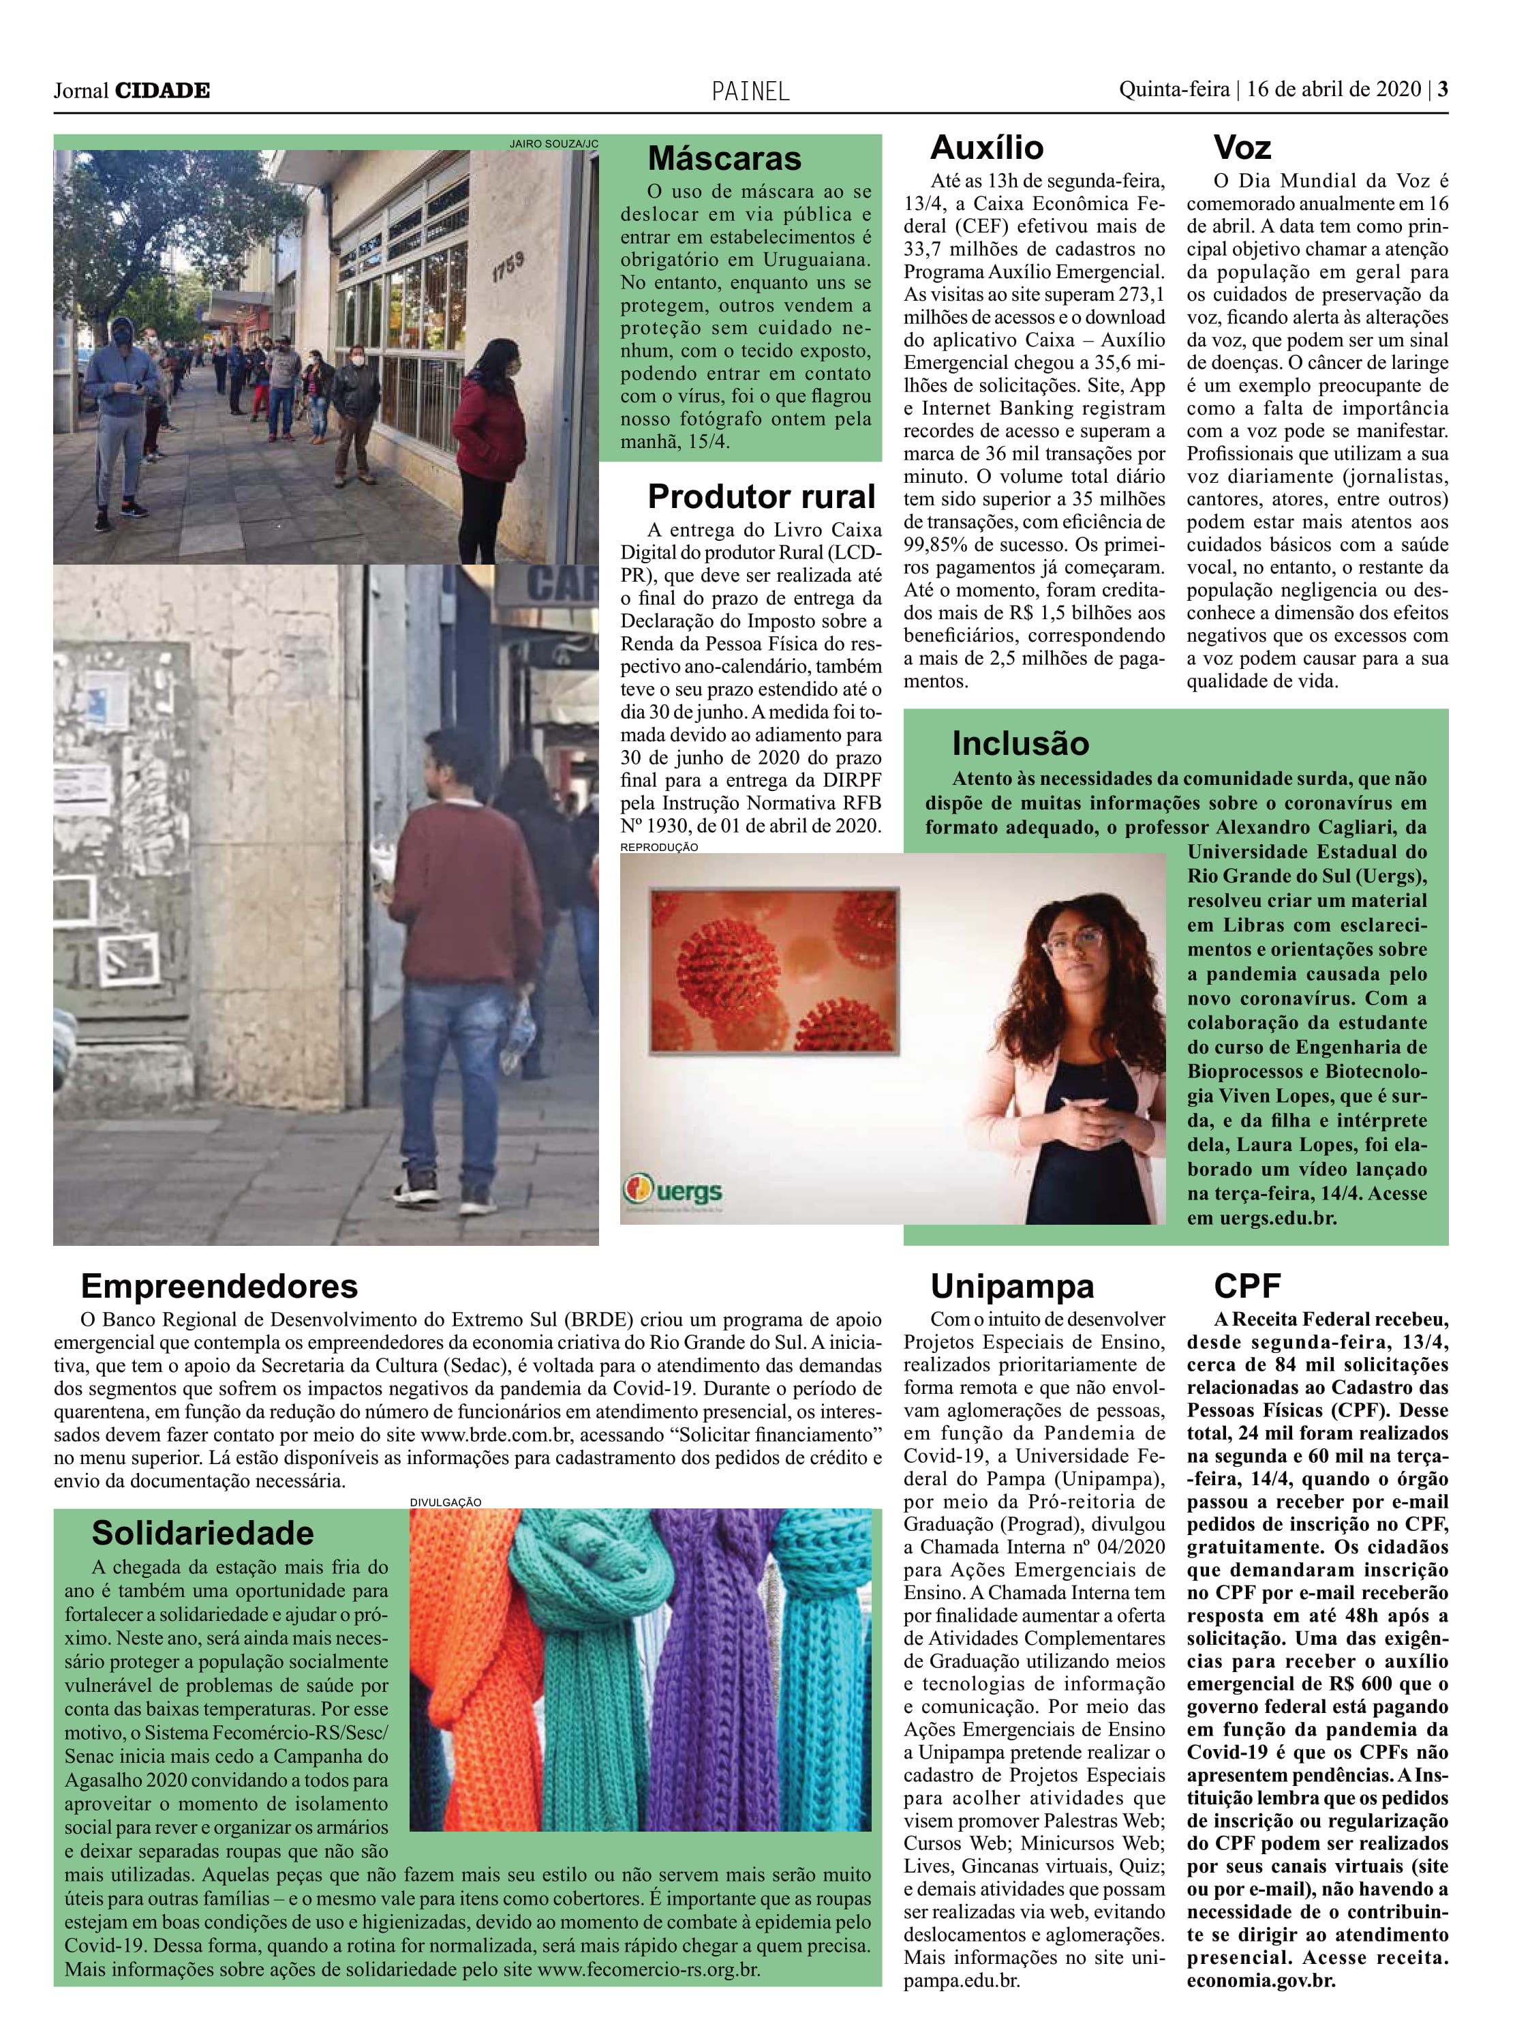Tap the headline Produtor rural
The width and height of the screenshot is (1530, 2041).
[x=760, y=496]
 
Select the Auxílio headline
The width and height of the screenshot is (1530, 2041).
[x=986, y=147]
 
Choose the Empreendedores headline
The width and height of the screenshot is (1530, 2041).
[x=219, y=1285]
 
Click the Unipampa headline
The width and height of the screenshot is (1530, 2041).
[x=1011, y=1285]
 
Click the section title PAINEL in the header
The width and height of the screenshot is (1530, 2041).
[x=750, y=91]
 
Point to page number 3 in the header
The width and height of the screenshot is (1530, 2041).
[x=1442, y=89]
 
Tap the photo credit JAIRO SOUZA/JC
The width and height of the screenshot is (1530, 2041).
[x=553, y=144]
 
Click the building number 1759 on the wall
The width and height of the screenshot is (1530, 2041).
[x=507, y=267]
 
